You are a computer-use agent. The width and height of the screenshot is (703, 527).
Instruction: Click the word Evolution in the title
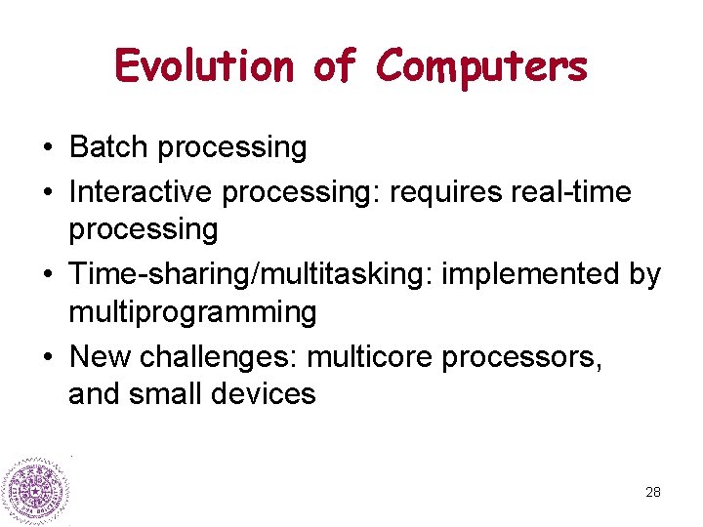[x=204, y=66]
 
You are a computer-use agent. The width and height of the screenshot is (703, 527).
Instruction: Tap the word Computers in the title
[x=481, y=66]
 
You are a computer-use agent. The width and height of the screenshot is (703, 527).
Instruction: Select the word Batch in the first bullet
[x=108, y=147]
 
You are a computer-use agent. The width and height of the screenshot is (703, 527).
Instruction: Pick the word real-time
[x=571, y=192]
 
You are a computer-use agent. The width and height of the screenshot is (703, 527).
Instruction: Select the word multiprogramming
[x=192, y=312]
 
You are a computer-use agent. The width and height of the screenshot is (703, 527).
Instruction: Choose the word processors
[x=521, y=357]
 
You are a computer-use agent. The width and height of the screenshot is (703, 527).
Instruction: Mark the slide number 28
[x=653, y=492]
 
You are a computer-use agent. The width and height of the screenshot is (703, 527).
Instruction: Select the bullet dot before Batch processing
[x=47, y=148]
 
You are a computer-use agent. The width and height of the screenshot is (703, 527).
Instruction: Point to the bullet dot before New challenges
[x=47, y=358]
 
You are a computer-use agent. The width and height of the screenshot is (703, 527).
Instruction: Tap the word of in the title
[x=334, y=66]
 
